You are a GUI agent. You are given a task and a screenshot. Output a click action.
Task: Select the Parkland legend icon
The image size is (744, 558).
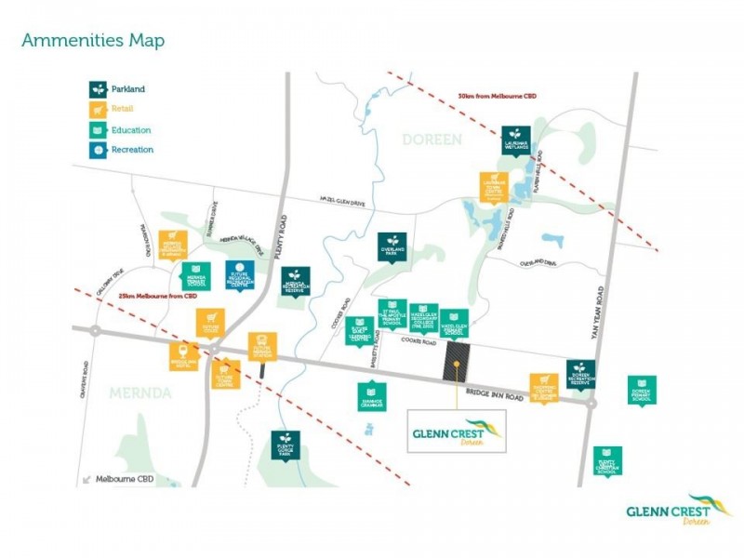(x=98, y=90)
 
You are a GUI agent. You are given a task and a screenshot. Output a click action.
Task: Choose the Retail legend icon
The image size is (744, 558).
(x=98, y=110)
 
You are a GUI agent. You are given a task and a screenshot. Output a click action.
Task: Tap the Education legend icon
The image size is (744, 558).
(x=98, y=130)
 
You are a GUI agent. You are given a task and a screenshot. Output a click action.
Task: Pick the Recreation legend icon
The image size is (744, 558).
(x=98, y=150)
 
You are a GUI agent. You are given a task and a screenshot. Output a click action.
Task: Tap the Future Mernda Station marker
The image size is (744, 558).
(x=262, y=347)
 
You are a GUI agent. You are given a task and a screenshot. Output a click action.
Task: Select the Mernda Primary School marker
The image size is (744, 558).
(x=196, y=276)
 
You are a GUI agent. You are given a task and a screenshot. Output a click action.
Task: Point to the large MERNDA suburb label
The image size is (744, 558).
(x=140, y=393)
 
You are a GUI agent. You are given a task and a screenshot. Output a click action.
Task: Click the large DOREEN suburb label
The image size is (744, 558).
(x=431, y=139)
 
